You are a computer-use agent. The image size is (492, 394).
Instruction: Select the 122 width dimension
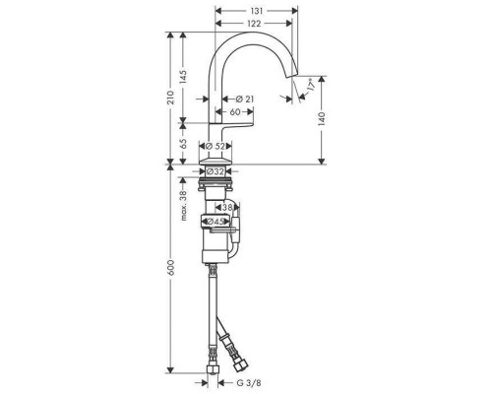(254, 23)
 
